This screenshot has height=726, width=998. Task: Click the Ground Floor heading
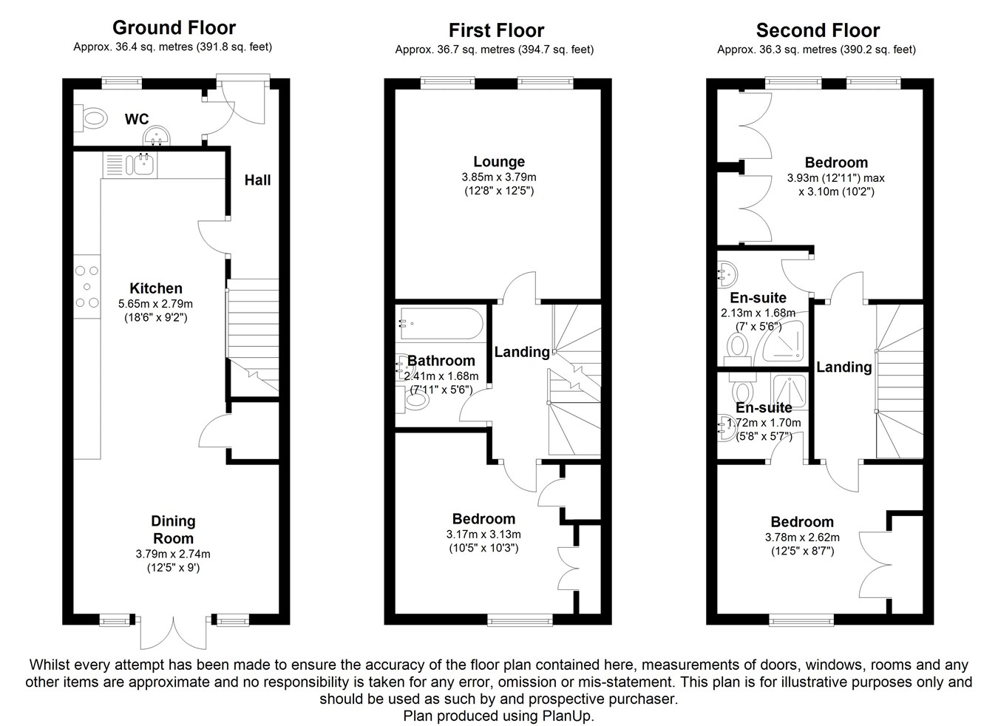(174, 28)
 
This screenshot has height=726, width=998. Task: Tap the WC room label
(137, 119)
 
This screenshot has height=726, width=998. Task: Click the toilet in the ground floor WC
(94, 117)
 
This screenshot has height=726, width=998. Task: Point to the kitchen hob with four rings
(87, 286)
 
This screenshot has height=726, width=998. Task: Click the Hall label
(257, 180)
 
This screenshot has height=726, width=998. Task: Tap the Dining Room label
(173, 529)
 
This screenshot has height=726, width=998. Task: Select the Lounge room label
(499, 161)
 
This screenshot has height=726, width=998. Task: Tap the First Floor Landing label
(522, 352)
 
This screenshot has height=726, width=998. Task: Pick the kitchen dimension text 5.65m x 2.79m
(155, 304)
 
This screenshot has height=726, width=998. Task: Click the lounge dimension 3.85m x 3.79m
(499, 177)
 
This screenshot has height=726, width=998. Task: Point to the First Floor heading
(496, 30)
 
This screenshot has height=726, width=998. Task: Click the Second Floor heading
(818, 30)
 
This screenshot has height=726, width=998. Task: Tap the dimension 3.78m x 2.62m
(802, 537)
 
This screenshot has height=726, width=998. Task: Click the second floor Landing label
(843, 367)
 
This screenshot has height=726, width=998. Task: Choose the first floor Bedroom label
(483, 519)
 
